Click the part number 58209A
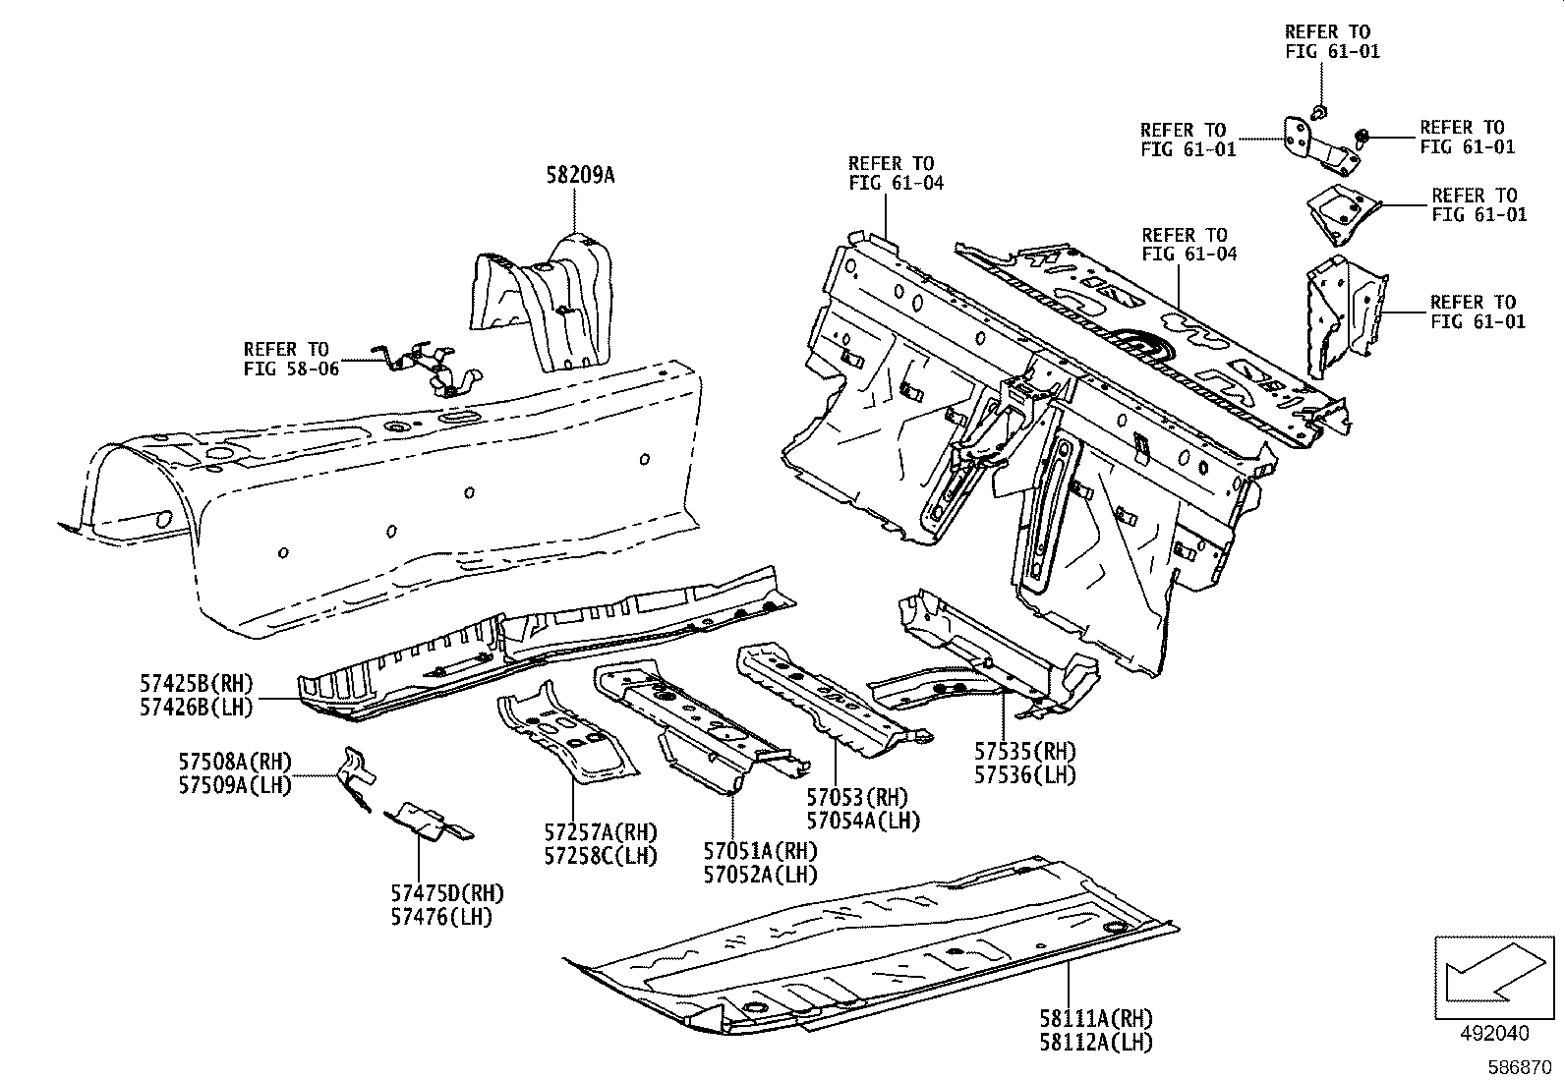point(579,176)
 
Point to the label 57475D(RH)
point(447,893)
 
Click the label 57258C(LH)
point(601,855)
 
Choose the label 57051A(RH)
point(760,851)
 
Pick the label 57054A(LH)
point(863,820)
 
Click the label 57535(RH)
point(1024,752)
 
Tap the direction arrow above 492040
point(1494,976)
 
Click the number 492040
point(1493,1033)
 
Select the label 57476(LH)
point(447,917)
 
